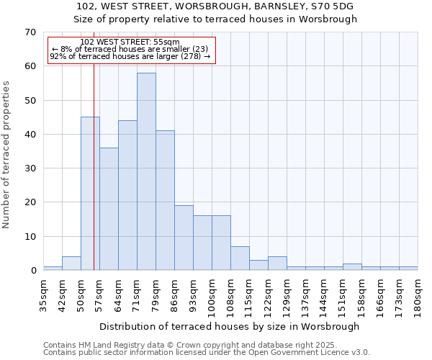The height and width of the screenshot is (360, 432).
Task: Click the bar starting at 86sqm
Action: click(184, 238)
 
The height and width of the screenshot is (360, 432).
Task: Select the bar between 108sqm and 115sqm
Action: click(240, 258)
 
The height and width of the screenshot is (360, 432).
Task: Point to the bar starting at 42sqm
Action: click(71, 264)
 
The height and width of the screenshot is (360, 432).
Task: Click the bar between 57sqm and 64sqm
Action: click(109, 209)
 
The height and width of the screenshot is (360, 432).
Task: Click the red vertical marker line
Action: click(94, 180)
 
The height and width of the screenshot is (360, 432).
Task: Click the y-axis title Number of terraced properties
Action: click(6, 155)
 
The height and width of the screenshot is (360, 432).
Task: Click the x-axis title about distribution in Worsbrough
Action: click(230, 326)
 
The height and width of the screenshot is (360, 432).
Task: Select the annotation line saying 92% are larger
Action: click(130, 56)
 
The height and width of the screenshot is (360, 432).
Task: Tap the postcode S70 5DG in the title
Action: click(336, 6)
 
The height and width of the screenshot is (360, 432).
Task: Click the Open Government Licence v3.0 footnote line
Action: click(207, 353)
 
